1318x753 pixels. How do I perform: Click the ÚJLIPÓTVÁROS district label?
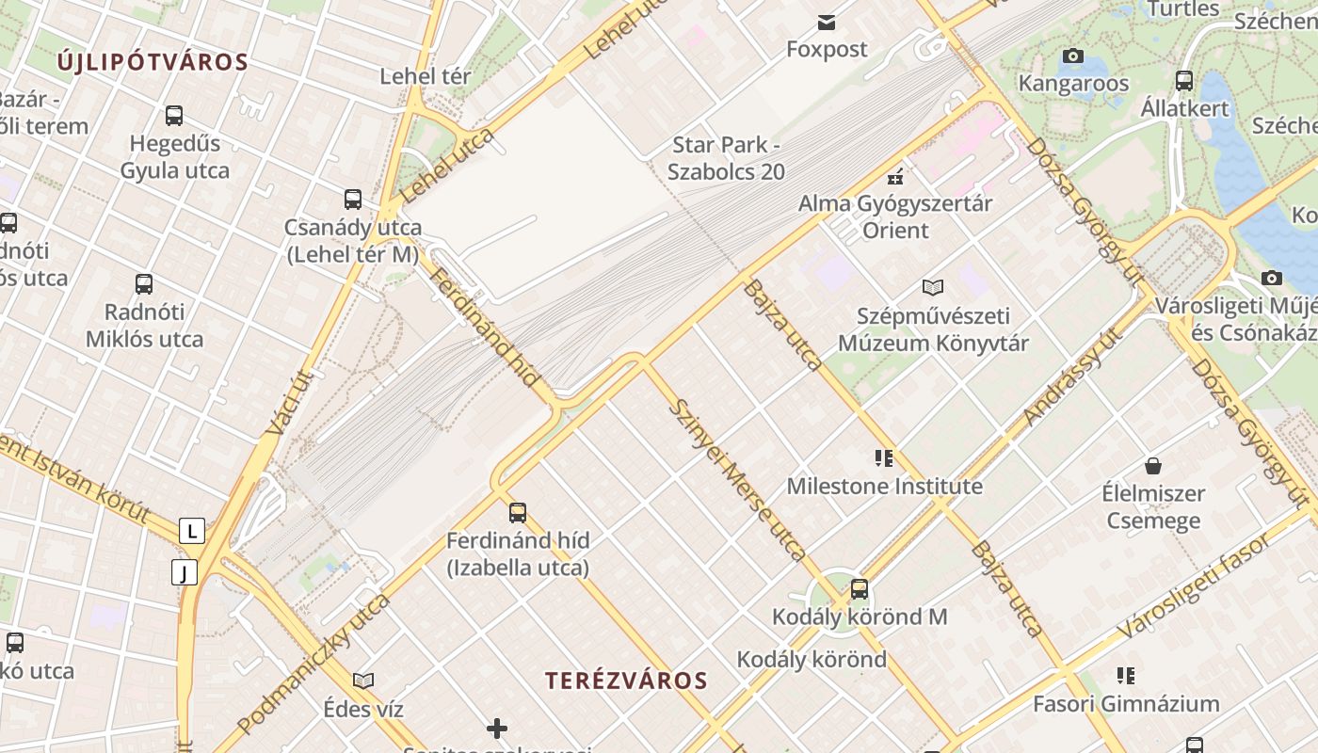coord(153,63)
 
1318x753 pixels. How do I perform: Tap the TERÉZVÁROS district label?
coord(626,681)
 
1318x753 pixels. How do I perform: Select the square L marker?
coord(192,531)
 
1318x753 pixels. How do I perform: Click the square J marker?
coord(185,571)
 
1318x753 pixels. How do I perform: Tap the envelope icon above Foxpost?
coord(827,23)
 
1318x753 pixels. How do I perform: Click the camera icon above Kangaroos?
coord(1072,56)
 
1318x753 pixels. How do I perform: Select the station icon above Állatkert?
coord(1184,81)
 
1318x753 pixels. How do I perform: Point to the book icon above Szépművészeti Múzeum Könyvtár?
coord(933,288)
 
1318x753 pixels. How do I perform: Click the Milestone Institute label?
coord(884,487)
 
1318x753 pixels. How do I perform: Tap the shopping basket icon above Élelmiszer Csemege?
coord(1153,466)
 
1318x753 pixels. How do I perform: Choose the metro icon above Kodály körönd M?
coord(860,590)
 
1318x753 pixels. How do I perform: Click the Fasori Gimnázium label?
coord(1126,703)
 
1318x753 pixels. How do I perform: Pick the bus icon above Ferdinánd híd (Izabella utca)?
coord(518,513)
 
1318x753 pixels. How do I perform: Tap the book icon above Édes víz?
coord(363,681)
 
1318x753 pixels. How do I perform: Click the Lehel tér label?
coord(425,76)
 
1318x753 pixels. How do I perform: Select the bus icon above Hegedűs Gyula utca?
coord(174,116)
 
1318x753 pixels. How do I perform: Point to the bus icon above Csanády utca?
coord(353,200)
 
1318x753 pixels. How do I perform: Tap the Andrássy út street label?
coord(1072,376)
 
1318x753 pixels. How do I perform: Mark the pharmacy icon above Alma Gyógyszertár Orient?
coord(895,176)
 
